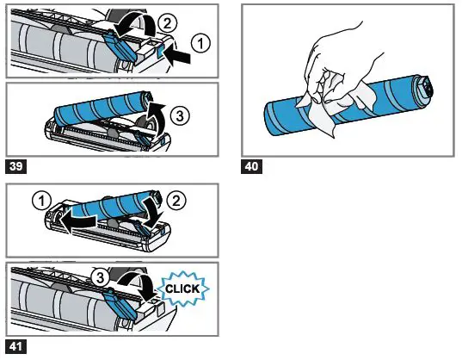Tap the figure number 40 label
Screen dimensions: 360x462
click(252, 165)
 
